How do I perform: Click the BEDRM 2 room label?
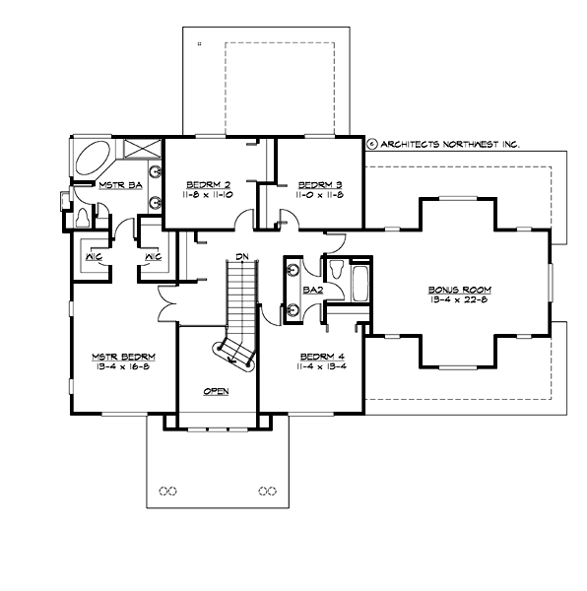tap(208, 184)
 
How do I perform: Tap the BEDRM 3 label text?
tap(319, 184)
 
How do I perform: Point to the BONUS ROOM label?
tap(459, 290)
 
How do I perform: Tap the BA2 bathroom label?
tap(313, 291)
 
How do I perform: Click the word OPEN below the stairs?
tap(216, 391)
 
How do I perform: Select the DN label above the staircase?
tap(240, 257)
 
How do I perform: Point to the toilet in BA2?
tap(335, 269)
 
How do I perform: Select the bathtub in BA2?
tap(360, 284)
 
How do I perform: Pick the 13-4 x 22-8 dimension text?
tap(459, 301)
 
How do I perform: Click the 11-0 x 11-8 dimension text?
tap(319, 196)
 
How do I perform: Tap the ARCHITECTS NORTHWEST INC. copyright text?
tap(449, 143)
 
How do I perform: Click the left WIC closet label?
tap(96, 258)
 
